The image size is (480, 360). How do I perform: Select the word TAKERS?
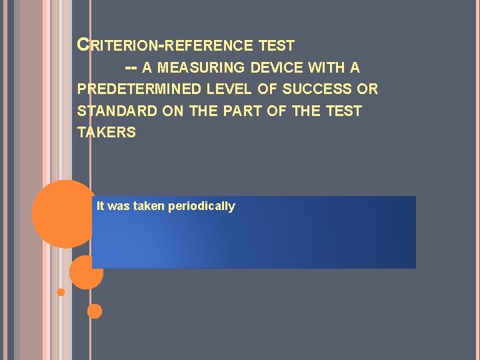coord(107,132)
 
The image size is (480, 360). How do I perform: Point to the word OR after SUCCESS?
coord(369,89)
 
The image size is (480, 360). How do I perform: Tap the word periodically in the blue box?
coord(201,206)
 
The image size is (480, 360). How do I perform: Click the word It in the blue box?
coord(100,206)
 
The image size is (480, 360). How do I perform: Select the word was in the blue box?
coord(119,206)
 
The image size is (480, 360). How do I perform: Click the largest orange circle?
coord(64,213)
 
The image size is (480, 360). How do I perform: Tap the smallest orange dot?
coord(61,292)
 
